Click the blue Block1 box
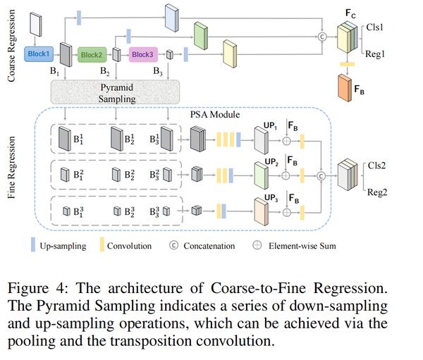39,53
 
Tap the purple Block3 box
142,54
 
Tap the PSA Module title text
215,114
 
